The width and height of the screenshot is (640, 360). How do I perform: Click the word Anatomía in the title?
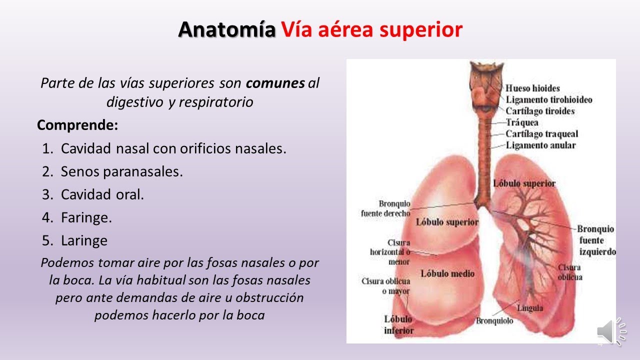point(226,30)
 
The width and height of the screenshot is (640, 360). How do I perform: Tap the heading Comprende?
point(77,125)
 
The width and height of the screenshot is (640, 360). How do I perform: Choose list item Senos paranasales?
point(121,171)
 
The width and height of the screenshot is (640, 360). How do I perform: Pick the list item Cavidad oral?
point(102,194)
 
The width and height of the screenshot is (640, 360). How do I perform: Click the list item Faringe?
point(86,217)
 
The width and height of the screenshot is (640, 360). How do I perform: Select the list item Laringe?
point(84,240)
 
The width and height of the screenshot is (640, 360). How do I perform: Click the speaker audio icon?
point(611,331)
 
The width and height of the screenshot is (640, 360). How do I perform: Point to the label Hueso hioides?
point(533,88)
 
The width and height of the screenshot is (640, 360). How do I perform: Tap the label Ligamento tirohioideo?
point(549,99)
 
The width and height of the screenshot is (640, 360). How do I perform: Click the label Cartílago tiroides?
point(540,111)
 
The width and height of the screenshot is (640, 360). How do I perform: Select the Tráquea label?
point(522,122)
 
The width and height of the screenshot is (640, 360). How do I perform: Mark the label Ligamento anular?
point(540,145)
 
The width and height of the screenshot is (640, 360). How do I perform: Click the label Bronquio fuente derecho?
point(385,208)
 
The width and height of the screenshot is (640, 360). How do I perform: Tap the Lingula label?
point(530,308)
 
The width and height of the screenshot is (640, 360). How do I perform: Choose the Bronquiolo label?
point(494,320)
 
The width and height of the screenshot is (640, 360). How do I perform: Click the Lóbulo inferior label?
point(398,324)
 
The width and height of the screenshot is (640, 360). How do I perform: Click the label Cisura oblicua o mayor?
point(385,285)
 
